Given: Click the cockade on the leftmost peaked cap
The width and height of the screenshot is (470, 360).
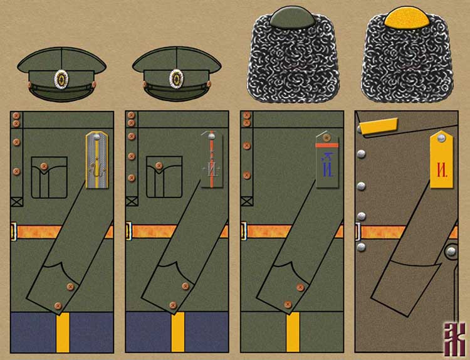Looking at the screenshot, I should tap(61, 79).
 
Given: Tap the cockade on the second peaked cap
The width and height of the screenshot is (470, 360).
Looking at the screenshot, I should tap(177, 79).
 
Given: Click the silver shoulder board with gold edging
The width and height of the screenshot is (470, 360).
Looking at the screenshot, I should tap(97, 160).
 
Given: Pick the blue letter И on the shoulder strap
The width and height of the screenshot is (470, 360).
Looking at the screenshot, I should tap(326, 166).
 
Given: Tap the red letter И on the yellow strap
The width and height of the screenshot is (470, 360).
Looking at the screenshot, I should tap(442, 169).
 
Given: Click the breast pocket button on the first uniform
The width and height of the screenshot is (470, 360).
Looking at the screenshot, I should tap(43, 166).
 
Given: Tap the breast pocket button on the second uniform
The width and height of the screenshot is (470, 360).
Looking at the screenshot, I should tap(159, 166).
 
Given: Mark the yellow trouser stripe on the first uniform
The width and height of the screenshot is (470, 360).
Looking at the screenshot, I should tap(62, 332).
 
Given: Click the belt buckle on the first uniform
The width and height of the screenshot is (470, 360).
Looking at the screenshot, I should tap(14, 231).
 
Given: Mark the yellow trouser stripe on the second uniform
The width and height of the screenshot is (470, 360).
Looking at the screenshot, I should tap(177, 332).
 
